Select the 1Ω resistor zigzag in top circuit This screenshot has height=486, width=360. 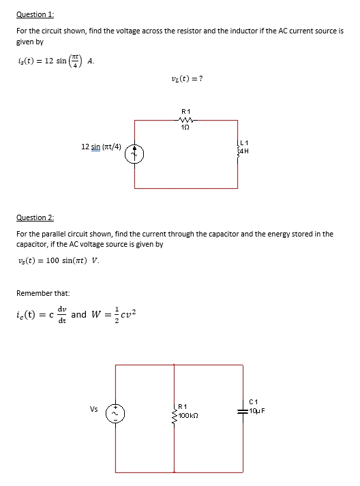[x=185, y=120]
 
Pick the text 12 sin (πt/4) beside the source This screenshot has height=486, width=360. [x=102, y=147]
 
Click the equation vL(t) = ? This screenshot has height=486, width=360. [x=185, y=78]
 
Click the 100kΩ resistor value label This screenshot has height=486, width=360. [x=190, y=414]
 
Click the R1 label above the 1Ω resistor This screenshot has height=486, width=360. [x=185, y=110]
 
